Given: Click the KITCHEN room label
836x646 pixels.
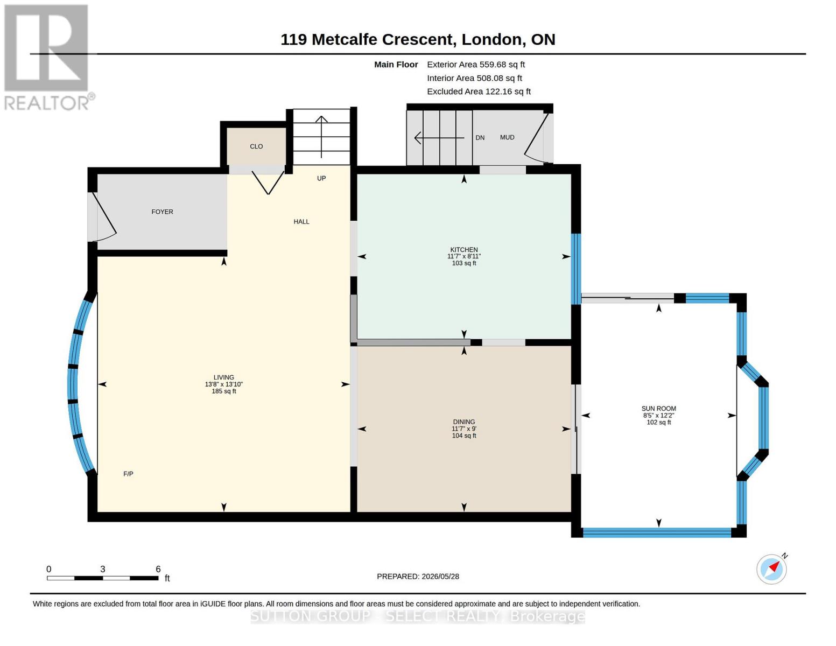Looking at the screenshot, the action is pos(464,250).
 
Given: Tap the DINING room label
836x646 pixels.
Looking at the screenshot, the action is pos(464,422).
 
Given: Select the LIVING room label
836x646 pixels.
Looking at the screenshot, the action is pos(224,377).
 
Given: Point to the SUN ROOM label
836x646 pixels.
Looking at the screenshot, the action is pos(659,409).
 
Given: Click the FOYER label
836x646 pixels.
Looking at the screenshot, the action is pos(163,212).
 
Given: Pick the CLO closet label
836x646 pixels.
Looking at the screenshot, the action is pos(256,146).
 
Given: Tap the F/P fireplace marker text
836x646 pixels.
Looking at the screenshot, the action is pos(128,474).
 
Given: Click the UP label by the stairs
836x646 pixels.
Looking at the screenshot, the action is pos(321,178).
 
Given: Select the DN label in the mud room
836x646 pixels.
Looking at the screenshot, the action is pos(480,138).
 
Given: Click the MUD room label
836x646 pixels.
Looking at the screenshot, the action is pos(507,137).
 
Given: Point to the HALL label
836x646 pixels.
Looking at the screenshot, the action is pos(301,222).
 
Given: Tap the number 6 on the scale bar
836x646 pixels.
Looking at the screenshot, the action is pos(158,569).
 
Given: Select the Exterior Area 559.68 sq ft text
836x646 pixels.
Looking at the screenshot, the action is pos(476,65).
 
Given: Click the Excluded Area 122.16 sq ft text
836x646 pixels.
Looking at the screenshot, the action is pos(479,92).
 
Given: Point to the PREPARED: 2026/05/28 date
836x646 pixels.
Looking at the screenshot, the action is pos(418,577).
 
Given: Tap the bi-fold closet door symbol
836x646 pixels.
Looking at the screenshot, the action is pos(268,182).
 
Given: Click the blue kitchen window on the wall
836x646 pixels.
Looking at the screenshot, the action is pos(575,269).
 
